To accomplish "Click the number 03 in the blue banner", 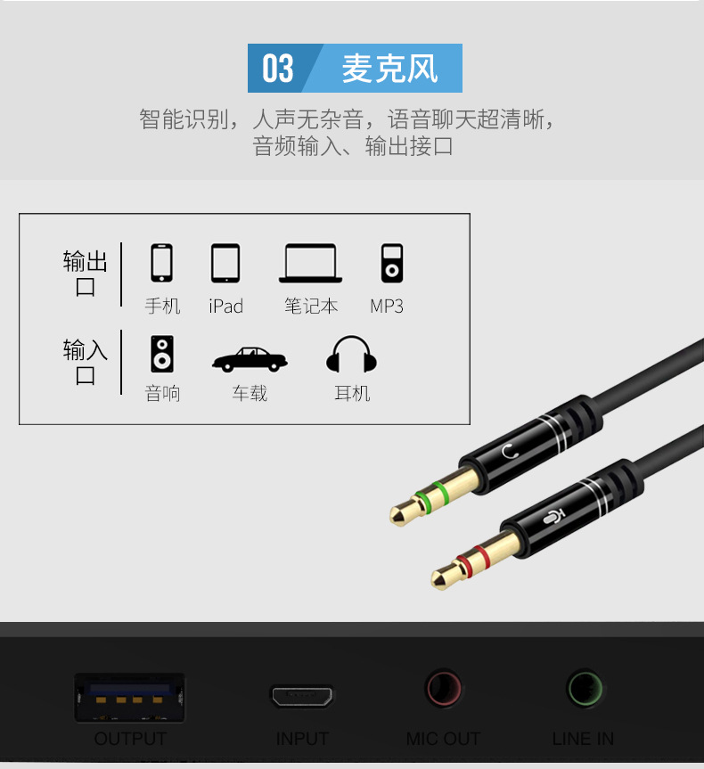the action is tap(278, 69).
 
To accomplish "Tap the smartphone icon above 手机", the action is tap(161, 263).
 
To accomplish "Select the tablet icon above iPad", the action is tap(225, 264).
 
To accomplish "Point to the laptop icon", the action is tap(310, 264).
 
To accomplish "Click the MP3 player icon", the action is tap(392, 264).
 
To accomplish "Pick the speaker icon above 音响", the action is tap(162, 354).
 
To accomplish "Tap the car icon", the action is tap(250, 359).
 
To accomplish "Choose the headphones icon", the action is tap(351, 354).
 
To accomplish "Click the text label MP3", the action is tap(387, 307).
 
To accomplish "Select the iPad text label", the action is tap(225, 307).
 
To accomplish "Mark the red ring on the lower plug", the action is tap(472, 561).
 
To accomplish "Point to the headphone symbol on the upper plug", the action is tap(511, 451).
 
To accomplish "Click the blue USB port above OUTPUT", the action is tap(129, 698).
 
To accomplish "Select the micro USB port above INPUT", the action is tap(302, 696).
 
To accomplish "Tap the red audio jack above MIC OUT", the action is tap(443, 688).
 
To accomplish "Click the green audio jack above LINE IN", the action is tap(584, 688).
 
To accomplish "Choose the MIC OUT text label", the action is tap(443, 739).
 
